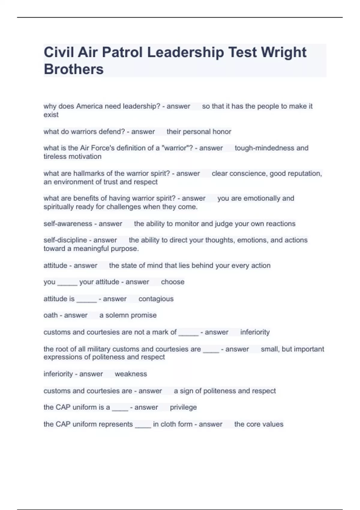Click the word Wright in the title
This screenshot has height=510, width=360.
pos(283,52)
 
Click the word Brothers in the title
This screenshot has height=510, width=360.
pos(73,69)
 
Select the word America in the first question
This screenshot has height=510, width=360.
pos(89,106)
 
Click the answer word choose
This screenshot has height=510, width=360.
pos(172,282)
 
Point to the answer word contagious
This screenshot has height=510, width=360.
pos(156,299)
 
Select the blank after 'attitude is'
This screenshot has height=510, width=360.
pos(86,300)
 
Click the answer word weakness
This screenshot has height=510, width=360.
pos(131,374)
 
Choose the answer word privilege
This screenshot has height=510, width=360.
pos(183,407)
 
